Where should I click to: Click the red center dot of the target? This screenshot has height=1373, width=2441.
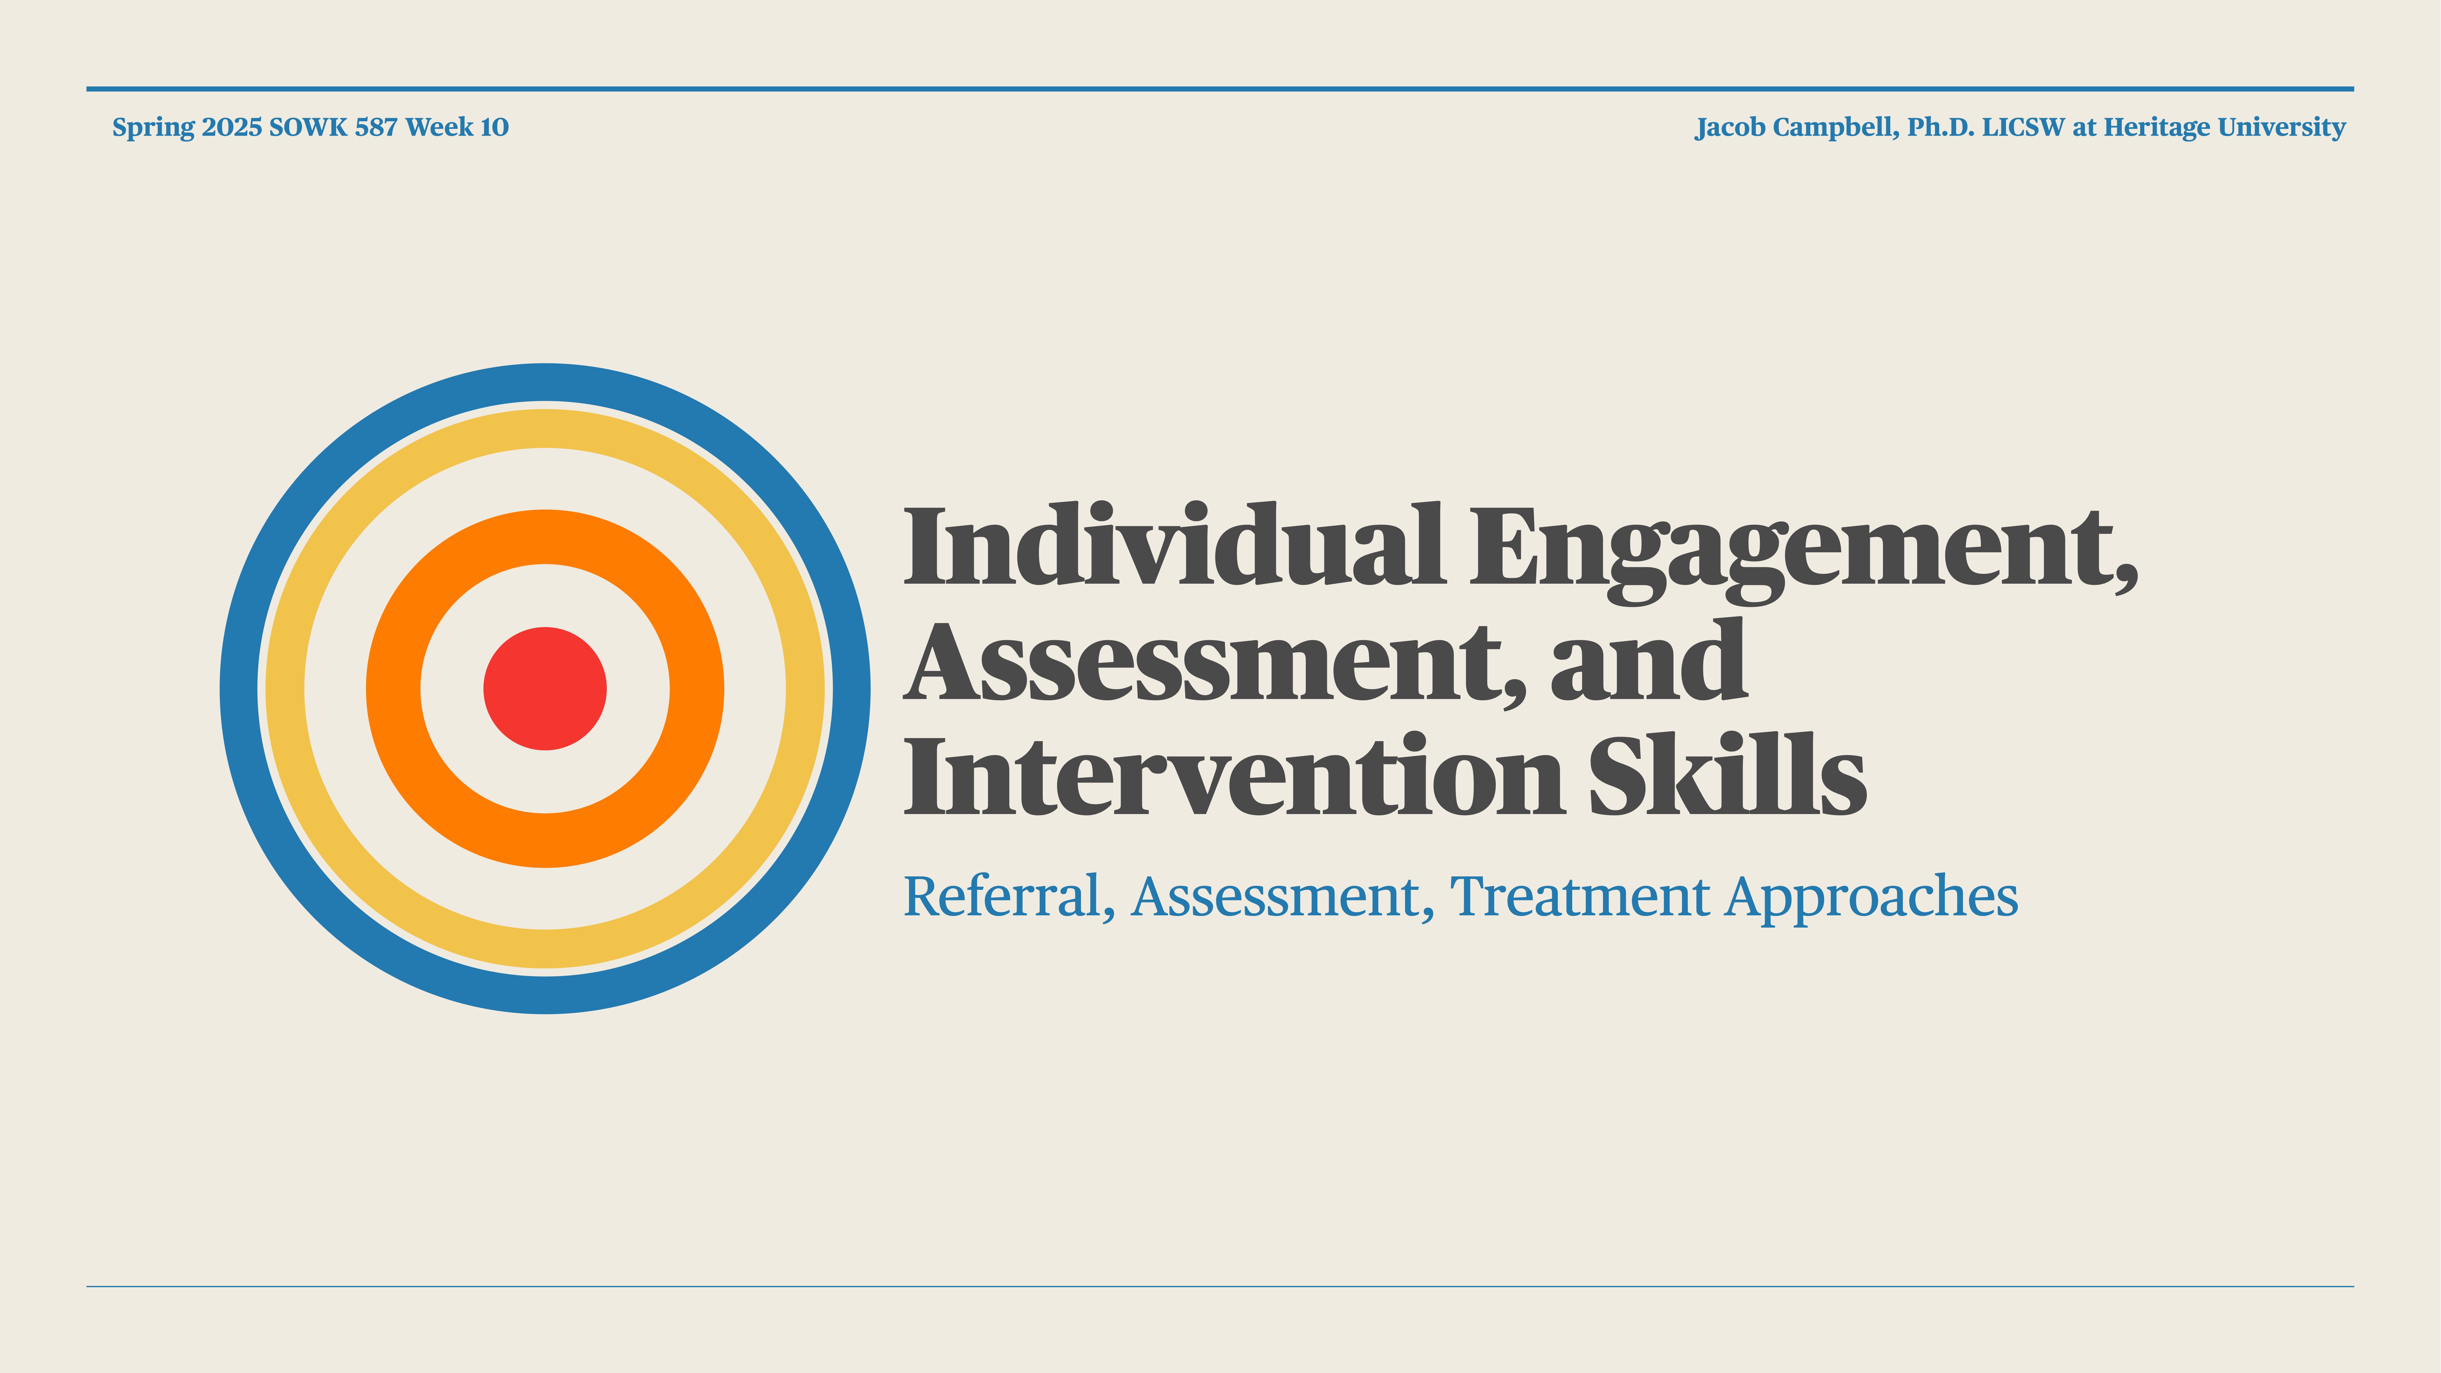[545, 689]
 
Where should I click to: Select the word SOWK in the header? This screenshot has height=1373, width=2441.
[308, 127]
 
